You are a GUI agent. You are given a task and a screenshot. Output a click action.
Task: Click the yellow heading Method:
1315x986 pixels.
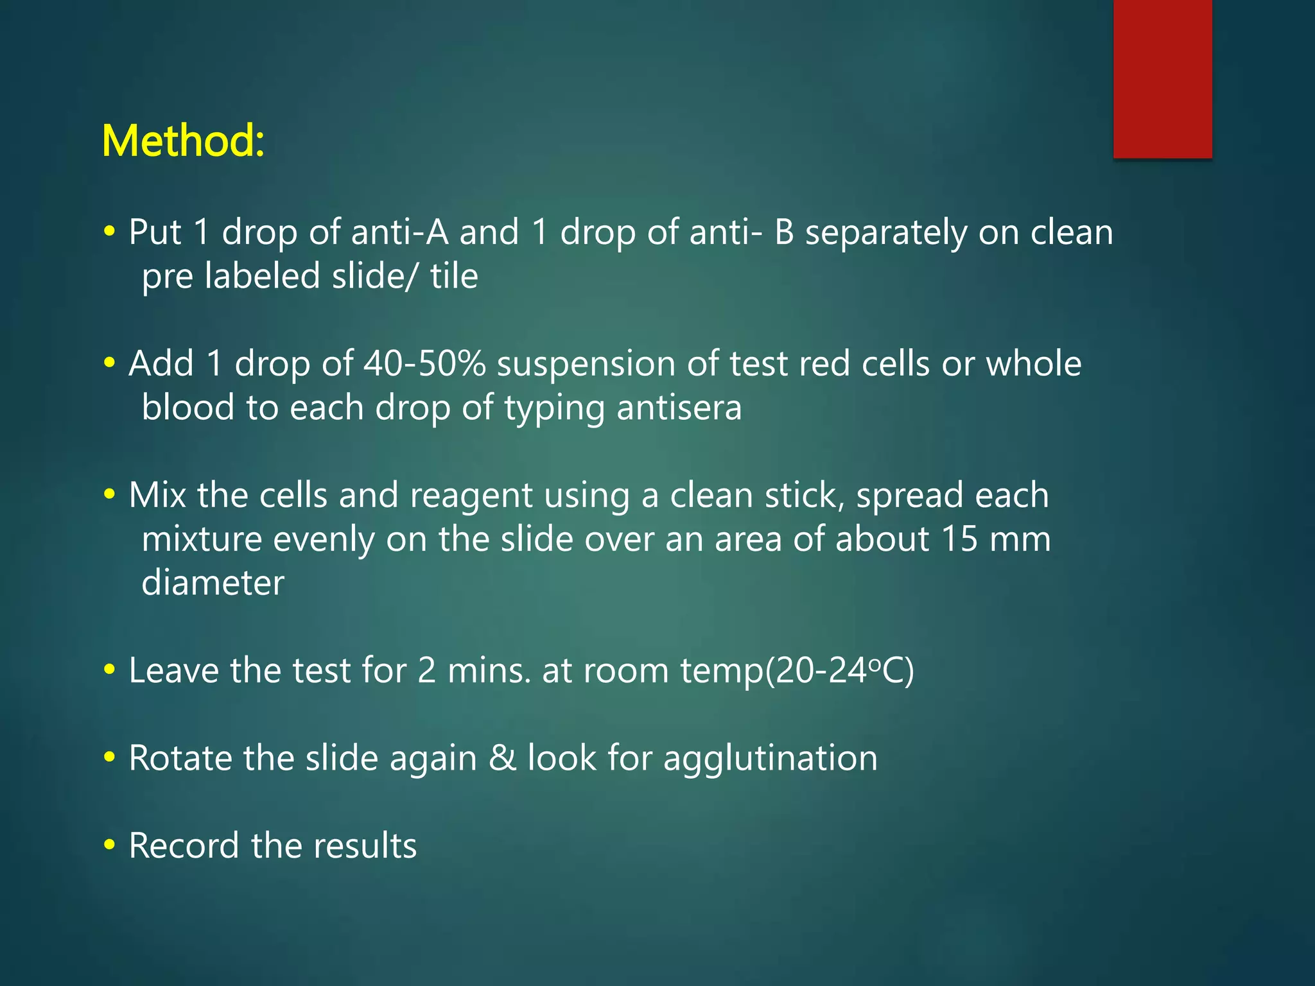coord(183,141)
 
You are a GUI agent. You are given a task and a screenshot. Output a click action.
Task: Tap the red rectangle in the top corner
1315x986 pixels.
coord(1162,78)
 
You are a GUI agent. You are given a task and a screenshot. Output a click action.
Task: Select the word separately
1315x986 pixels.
coord(885,233)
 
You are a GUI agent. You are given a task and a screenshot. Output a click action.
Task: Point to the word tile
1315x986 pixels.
coord(454,276)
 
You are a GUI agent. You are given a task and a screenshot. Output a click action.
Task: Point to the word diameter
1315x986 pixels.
coord(213,583)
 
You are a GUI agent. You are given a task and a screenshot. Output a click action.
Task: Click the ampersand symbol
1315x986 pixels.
coord(502,758)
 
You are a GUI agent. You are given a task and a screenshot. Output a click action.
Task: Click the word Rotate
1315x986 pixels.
coord(180,758)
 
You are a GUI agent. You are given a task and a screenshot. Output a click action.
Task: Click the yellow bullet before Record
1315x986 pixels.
coord(110,845)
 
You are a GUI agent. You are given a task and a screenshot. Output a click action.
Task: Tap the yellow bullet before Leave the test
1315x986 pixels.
coord(110,670)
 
